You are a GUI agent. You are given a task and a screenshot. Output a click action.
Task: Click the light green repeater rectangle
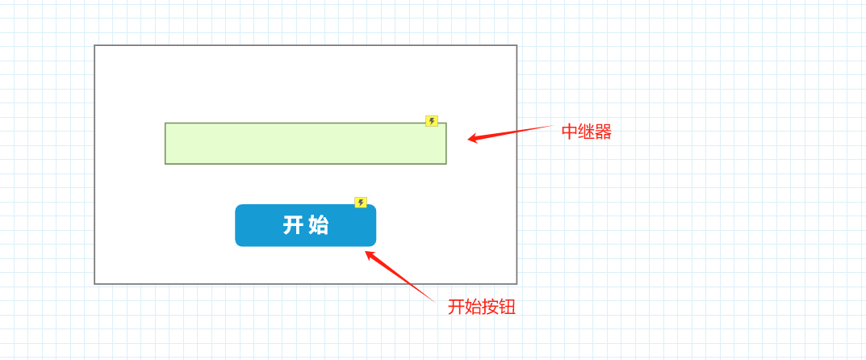[305, 144]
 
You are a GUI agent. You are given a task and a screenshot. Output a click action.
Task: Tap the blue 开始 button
[305, 225]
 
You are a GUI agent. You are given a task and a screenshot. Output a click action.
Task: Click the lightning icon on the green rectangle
[432, 121]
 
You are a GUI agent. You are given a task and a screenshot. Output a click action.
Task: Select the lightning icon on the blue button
[361, 203]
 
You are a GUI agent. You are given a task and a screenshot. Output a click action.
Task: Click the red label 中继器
[587, 132]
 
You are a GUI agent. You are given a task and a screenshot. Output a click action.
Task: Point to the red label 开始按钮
[482, 307]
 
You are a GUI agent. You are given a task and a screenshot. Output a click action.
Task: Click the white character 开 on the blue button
[292, 225]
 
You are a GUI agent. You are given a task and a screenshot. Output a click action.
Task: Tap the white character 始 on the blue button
[319, 225]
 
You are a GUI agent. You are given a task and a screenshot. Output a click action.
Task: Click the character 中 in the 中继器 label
[570, 132]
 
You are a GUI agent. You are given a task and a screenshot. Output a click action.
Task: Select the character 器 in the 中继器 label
[604, 132]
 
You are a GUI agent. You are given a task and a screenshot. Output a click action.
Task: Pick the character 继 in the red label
[587, 132]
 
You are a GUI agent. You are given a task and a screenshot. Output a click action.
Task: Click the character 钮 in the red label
[508, 307]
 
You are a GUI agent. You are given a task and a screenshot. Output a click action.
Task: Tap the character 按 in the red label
[491, 307]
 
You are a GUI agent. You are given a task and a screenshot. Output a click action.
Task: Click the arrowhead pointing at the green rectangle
[471, 139]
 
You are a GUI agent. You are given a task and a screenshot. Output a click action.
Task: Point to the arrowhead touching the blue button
[368, 254]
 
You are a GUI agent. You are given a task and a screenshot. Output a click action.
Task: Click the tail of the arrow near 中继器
[550, 126]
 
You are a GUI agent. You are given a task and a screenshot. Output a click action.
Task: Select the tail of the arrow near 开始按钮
[433, 301]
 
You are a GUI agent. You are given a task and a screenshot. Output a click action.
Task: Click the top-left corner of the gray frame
[94, 45]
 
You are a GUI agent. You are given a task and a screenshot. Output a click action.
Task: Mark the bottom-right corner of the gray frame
[517, 283]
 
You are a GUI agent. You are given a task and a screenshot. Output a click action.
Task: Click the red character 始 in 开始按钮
[473, 307]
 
